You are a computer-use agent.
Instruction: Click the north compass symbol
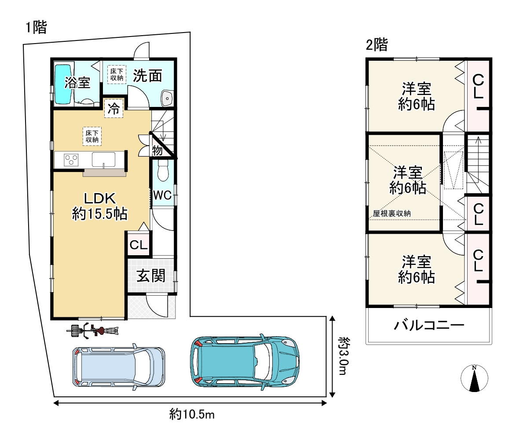pyautogui.click(x=474, y=379)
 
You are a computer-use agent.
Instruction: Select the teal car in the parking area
pyautogui.click(x=245, y=362)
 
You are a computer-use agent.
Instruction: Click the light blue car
pyautogui.click(x=118, y=367)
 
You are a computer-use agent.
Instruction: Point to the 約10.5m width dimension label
pyautogui.click(x=192, y=414)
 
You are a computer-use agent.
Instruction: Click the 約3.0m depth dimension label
pyautogui.click(x=344, y=356)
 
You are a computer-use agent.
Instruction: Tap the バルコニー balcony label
pyautogui.click(x=429, y=326)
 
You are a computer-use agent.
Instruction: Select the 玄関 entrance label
pyautogui.click(x=151, y=275)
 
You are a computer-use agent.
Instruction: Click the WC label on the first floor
pyautogui.click(x=162, y=195)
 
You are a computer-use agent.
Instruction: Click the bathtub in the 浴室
pyautogui.click(x=63, y=84)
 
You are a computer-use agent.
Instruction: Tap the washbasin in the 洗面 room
pyautogui.click(x=167, y=98)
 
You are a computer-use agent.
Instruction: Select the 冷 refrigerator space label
pyautogui.click(x=113, y=108)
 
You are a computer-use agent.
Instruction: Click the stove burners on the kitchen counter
pyautogui.click(x=71, y=160)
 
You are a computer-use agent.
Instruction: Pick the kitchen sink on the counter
pyautogui.click(x=104, y=160)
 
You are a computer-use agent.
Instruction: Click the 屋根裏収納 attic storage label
pyautogui.click(x=392, y=213)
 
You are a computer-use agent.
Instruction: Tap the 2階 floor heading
pyautogui.click(x=377, y=44)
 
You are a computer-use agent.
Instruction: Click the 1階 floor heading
pyautogui.click(x=37, y=27)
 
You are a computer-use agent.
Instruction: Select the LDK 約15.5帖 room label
pyautogui.click(x=100, y=206)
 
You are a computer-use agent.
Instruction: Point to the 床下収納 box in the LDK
pyautogui.click(x=92, y=136)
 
